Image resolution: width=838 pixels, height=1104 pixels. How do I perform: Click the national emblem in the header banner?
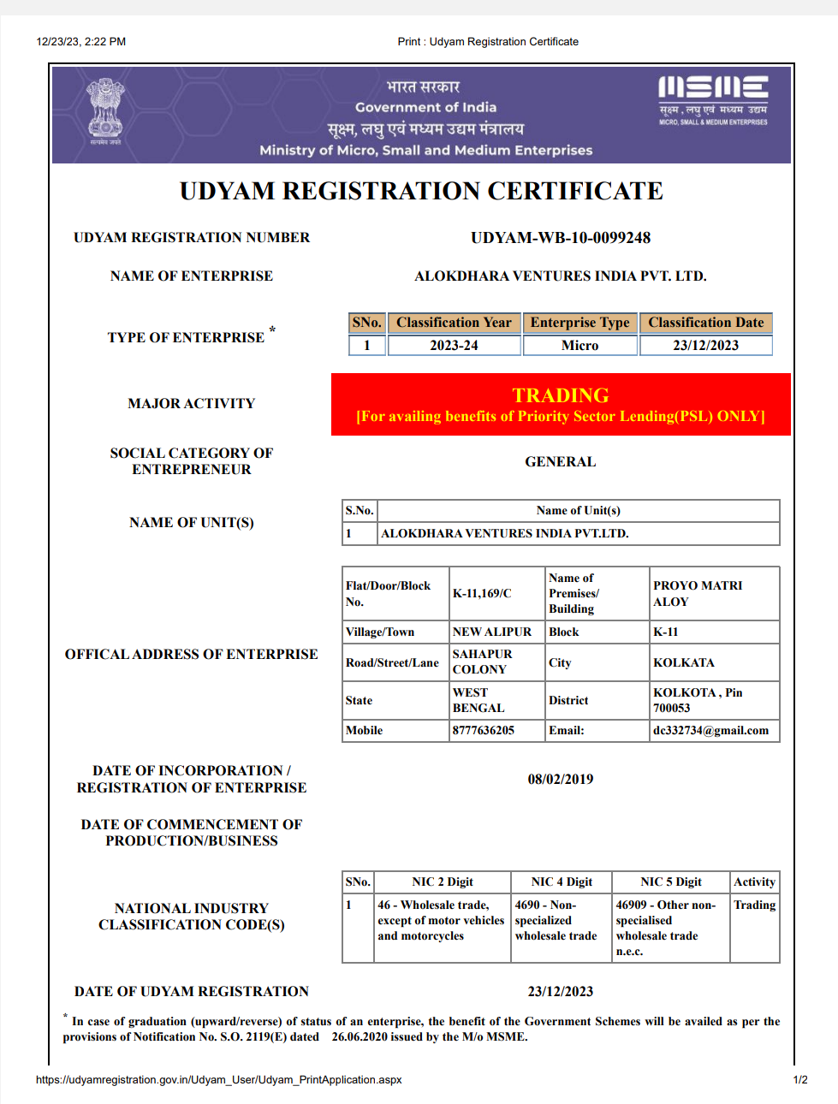pyautogui.click(x=105, y=110)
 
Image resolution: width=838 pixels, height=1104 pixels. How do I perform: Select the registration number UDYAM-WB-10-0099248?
pyautogui.click(x=561, y=238)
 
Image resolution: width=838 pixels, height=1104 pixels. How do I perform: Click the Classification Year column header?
pyautogui.click(x=454, y=323)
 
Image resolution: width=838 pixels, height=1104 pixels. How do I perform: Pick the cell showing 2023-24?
pyautogui.click(x=454, y=346)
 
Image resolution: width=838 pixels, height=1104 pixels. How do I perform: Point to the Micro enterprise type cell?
pyautogui.click(x=579, y=346)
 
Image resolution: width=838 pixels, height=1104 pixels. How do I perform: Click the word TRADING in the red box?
pyautogui.click(x=561, y=395)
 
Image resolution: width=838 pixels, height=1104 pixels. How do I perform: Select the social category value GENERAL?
pyautogui.click(x=561, y=461)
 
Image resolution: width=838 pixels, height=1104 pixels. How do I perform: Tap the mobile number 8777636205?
pyautogui.click(x=484, y=730)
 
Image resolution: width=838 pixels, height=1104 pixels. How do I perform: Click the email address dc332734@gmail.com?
pyautogui.click(x=710, y=730)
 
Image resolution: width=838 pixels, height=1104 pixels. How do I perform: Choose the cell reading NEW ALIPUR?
pyautogui.click(x=492, y=632)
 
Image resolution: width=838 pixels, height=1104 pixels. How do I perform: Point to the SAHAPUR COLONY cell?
pyautogui.click(x=483, y=662)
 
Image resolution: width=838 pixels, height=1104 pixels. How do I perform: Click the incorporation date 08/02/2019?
pyautogui.click(x=561, y=779)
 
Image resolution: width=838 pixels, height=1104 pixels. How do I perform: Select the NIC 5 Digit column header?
pyautogui.click(x=671, y=881)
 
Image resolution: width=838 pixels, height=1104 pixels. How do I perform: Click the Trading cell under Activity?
pyautogui.click(x=754, y=905)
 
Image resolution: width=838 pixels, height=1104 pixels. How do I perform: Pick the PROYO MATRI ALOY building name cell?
pyautogui.click(x=698, y=593)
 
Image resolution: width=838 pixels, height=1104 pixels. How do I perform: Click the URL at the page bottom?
pyautogui.click(x=218, y=1080)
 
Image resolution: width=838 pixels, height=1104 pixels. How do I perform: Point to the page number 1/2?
pyautogui.click(x=800, y=1080)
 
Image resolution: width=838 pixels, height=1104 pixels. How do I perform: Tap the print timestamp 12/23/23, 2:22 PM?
pyautogui.click(x=81, y=41)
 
